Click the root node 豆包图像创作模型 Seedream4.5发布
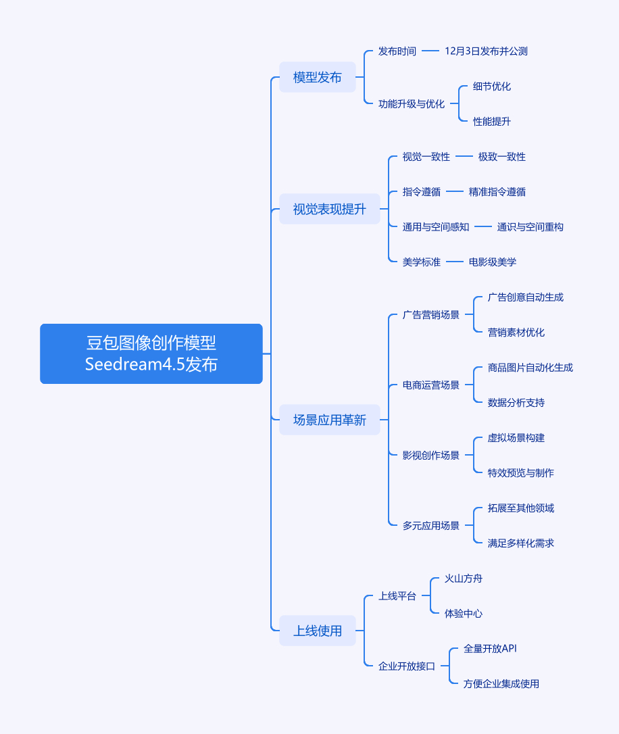point(151,353)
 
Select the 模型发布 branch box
point(317,77)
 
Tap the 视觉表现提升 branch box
point(329,209)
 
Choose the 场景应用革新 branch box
point(329,420)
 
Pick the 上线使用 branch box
point(317,631)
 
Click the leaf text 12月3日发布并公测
point(486,51)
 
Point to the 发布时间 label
point(397,51)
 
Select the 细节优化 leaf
point(492,87)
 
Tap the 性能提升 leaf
point(492,122)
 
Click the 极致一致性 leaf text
point(501,157)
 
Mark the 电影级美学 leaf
point(492,262)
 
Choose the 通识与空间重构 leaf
point(530,227)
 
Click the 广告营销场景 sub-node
point(430,315)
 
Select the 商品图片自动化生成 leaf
point(530,368)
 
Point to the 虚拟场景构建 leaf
point(516,438)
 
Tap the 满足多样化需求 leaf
point(520,543)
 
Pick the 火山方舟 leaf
point(464,579)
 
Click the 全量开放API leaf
point(490,649)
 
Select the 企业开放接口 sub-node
point(407,666)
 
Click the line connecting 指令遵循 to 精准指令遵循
point(454,192)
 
